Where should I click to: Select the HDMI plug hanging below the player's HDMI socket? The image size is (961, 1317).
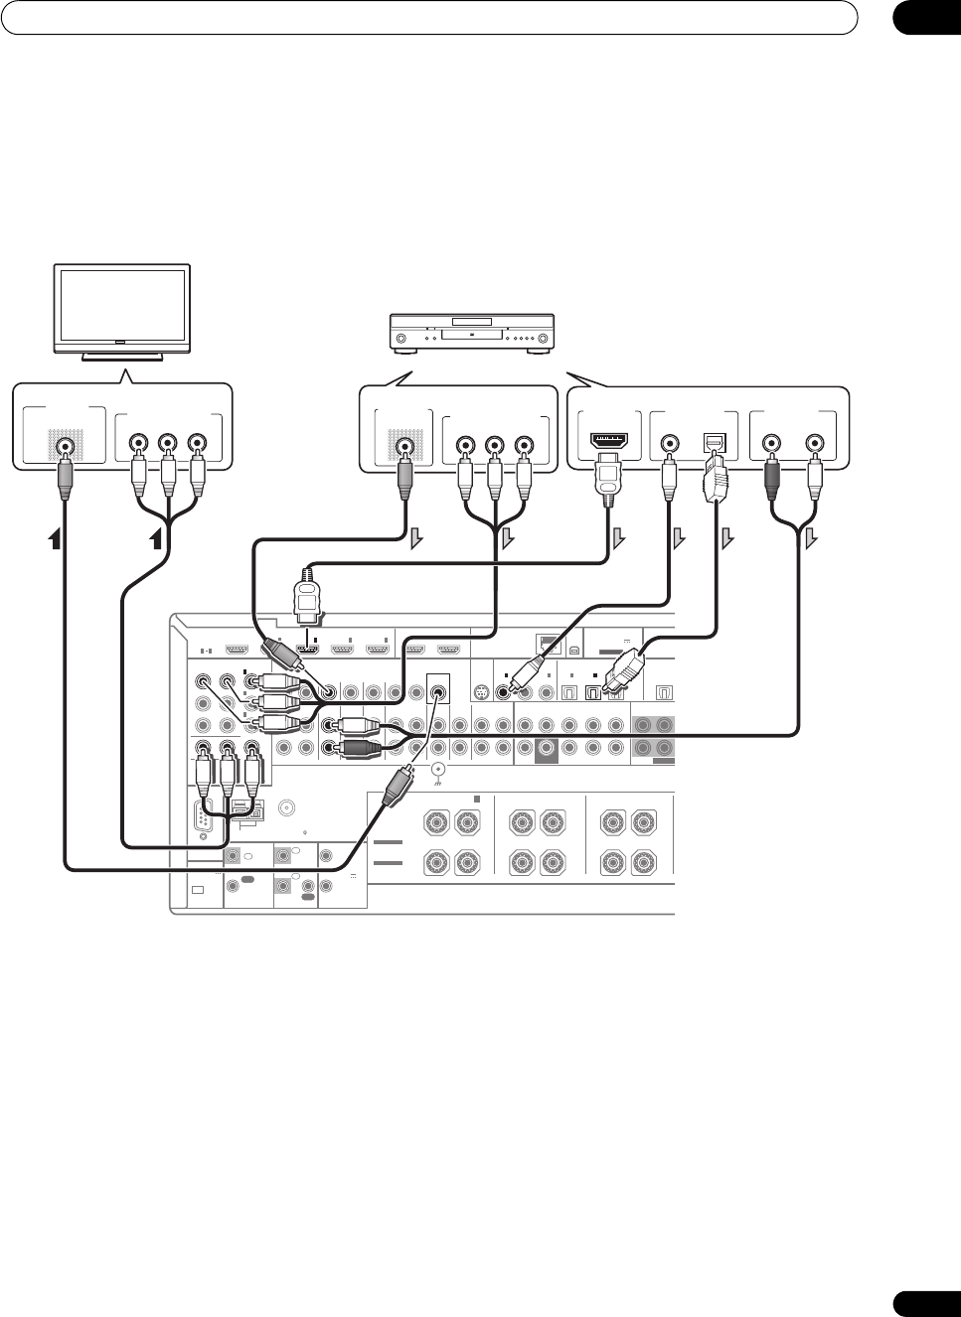[606, 481]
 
